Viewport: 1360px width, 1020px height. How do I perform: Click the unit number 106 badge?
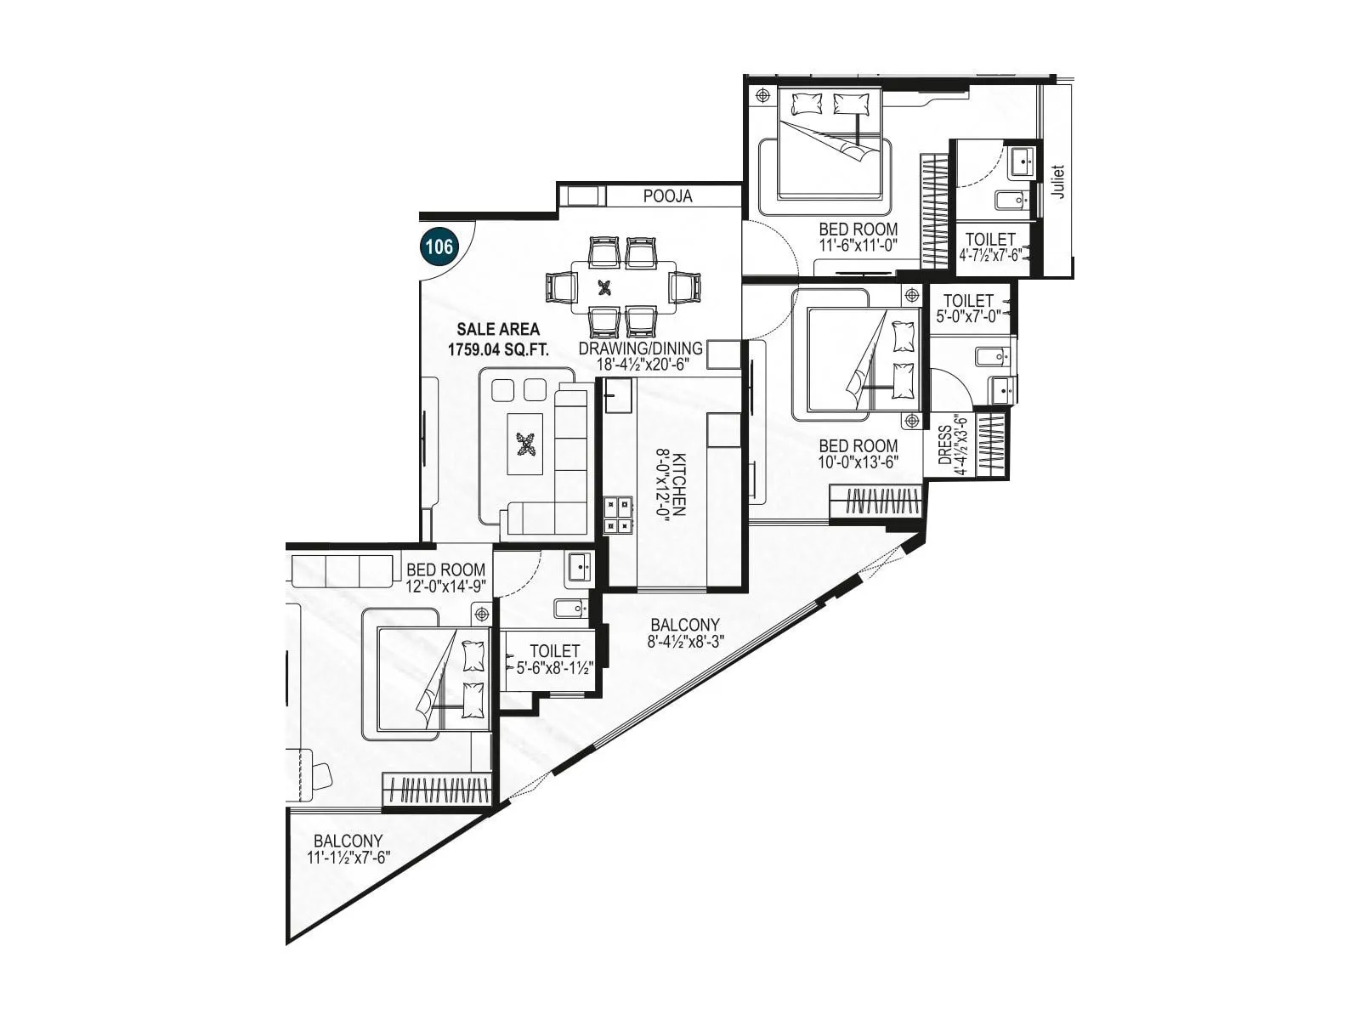click(x=439, y=247)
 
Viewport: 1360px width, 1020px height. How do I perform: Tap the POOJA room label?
click(x=667, y=196)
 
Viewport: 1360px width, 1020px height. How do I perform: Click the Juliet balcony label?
click(x=1057, y=181)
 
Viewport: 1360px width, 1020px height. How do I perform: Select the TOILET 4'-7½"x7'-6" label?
click(x=990, y=247)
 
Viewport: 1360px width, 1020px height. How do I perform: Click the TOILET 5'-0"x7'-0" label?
click(x=968, y=307)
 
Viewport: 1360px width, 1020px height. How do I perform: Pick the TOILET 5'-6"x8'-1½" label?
click(x=554, y=659)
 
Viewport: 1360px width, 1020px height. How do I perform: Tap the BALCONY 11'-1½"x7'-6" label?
click(x=348, y=849)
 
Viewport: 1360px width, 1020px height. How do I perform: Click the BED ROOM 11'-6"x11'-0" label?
click(x=858, y=237)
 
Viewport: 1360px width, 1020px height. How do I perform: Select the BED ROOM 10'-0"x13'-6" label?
click(x=858, y=454)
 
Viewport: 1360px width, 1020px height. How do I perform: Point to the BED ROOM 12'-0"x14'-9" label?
click(x=445, y=578)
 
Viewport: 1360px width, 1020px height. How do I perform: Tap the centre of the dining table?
click(x=605, y=287)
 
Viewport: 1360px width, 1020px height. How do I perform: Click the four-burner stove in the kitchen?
click(x=618, y=515)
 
